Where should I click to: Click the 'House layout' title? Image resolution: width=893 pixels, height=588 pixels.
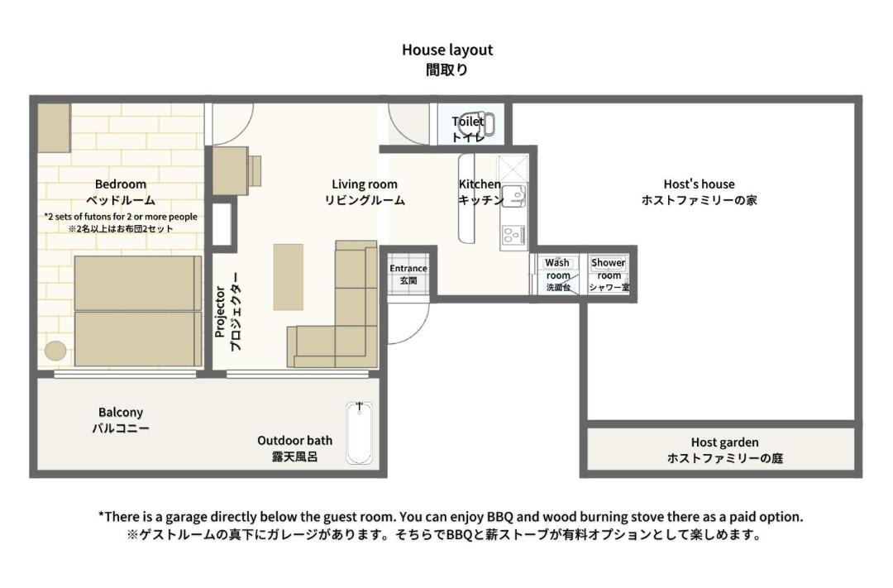pos(447,50)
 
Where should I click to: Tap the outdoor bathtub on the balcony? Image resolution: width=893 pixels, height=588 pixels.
pos(360,433)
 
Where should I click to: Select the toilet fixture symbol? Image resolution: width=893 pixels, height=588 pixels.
pos(477,124)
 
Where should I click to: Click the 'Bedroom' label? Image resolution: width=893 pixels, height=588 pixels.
pos(120,184)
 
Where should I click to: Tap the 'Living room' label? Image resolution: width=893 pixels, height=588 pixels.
pos(365,184)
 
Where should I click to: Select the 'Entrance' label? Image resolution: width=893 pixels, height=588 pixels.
pos(408,268)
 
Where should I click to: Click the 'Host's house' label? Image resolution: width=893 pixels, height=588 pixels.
pos(699,184)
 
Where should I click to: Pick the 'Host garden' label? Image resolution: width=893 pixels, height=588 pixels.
pos(724,442)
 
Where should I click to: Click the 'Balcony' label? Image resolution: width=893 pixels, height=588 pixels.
pos(120,413)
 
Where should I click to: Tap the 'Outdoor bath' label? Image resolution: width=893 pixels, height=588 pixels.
pos(294,441)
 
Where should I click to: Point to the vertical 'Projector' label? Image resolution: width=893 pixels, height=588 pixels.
pos(221,313)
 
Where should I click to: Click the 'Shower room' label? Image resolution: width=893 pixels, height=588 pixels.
pos(609,269)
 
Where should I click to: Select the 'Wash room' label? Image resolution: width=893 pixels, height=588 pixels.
pos(557,269)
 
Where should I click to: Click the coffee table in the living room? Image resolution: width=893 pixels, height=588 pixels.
pos(289,277)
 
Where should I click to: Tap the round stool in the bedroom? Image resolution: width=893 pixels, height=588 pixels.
pos(55,351)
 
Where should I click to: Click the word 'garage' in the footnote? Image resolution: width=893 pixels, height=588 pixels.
pos(186,518)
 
